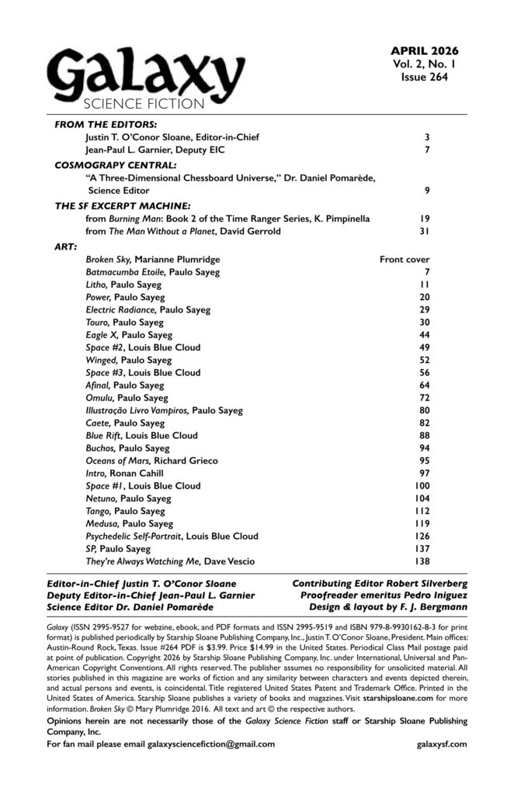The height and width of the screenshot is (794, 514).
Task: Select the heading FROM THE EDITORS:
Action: click(x=106, y=124)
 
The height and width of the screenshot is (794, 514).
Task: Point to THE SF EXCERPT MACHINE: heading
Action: click(x=123, y=206)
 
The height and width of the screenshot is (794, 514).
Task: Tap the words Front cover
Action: click(x=404, y=259)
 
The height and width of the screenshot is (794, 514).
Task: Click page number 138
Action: click(x=420, y=560)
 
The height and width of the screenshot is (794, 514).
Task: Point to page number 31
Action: click(x=424, y=233)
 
